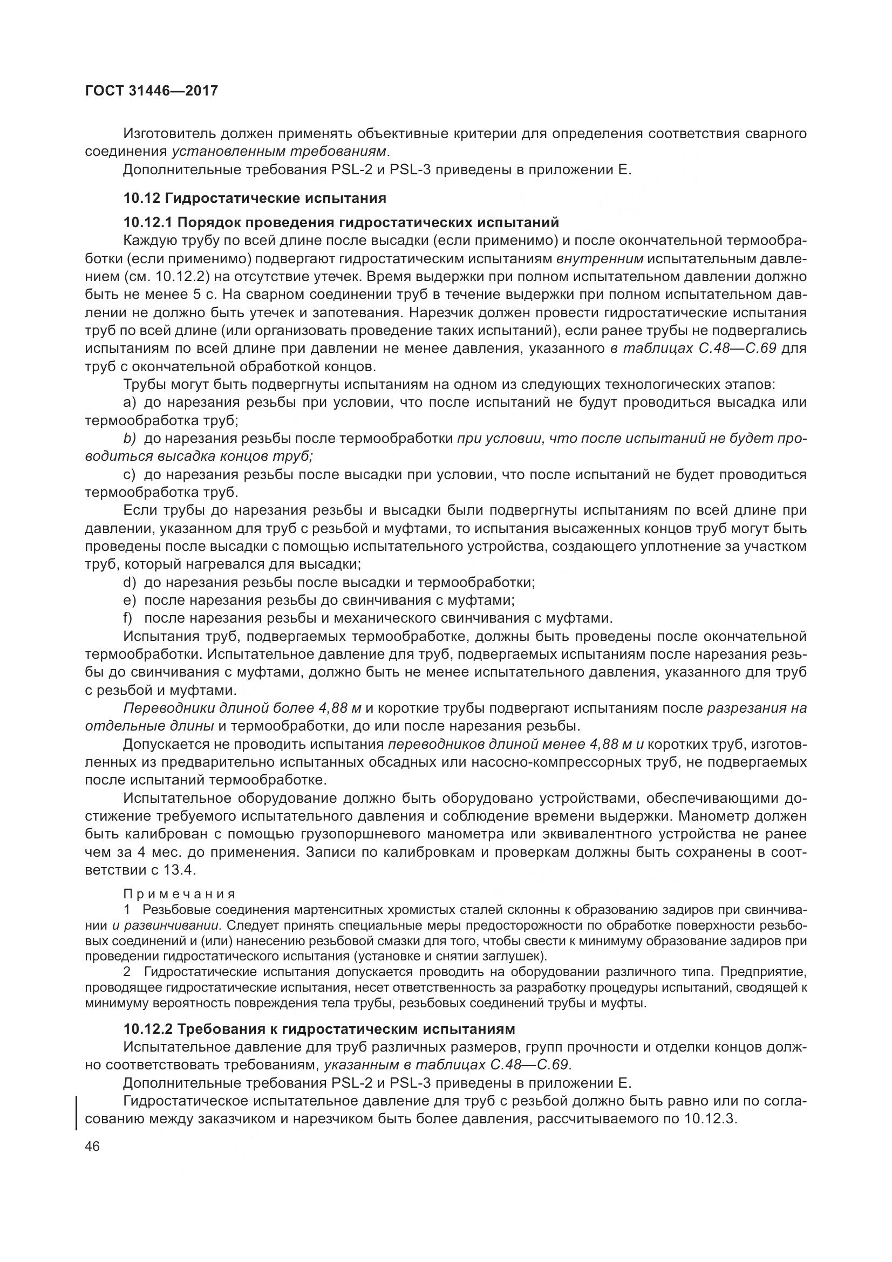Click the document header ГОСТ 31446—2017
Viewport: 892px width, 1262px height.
[151, 91]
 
